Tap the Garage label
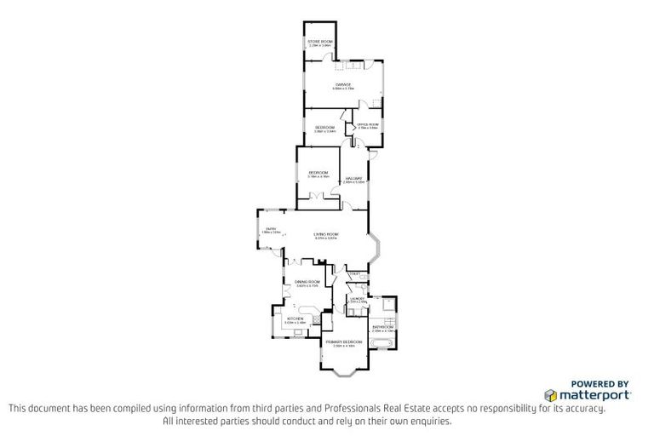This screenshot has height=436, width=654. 344,85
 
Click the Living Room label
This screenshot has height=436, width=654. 326,237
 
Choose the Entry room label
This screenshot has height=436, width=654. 271,229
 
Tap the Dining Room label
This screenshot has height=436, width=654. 307,283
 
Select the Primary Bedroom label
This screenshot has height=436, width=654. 344,342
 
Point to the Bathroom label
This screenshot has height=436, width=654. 382,328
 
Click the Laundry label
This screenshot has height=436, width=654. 358,299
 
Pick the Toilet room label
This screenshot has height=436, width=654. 356,274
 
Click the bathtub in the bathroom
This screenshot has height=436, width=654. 381,344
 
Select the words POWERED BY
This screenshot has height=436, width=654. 599,383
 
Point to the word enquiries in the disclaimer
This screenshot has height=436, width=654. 428,421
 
